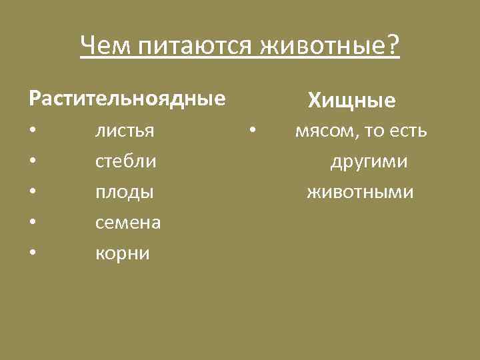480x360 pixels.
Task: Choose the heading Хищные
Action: [x=351, y=101]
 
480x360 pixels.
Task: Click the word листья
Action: [x=125, y=131]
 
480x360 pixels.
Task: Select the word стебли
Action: [x=126, y=161]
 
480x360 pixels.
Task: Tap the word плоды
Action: [x=125, y=193]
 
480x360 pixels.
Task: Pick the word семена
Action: [x=128, y=223]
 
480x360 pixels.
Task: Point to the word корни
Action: [x=123, y=254]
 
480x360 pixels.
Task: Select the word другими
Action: [x=369, y=162]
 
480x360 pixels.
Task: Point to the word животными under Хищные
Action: [x=360, y=193]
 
